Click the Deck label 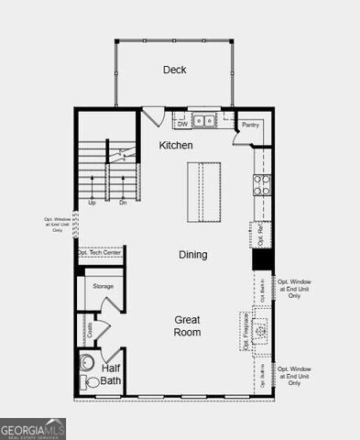click(175, 70)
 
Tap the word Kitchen click(176, 146)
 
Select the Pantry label click(250, 125)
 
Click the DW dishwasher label click(182, 125)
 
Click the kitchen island click(204, 192)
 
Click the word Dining click(192, 255)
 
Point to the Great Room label click(188, 325)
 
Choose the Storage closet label click(104, 287)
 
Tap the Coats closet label click(90, 327)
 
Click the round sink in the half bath click(88, 361)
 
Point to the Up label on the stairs click(92, 203)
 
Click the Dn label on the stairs click(123, 203)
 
